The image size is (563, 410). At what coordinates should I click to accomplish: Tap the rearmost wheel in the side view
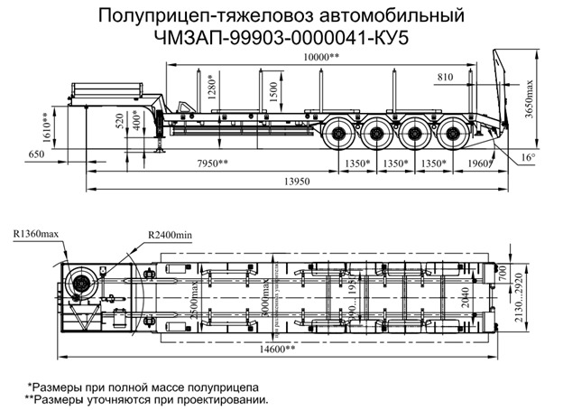455,136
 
